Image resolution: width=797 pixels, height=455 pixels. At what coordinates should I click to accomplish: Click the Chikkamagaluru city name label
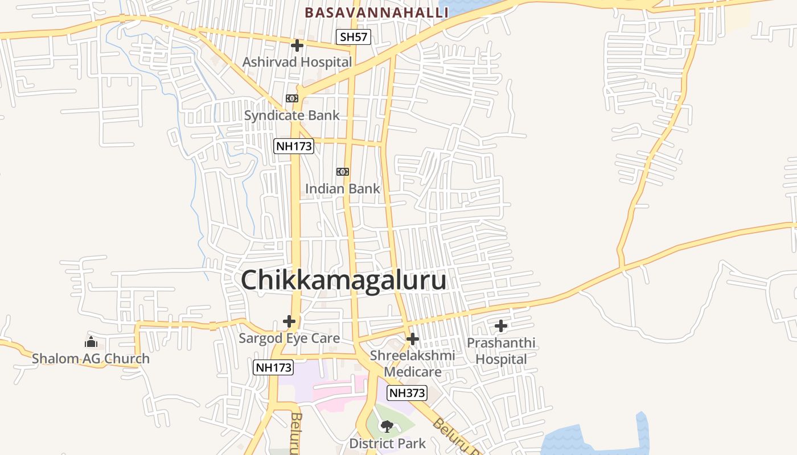343,280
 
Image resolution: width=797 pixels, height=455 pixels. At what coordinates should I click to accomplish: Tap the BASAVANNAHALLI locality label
376,12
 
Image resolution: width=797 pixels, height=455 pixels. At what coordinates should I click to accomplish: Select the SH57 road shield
353,38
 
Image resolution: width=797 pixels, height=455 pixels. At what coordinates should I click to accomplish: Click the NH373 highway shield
407,392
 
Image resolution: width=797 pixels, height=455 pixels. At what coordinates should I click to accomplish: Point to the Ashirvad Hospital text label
297,61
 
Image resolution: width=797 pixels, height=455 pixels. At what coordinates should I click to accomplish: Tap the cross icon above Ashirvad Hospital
297,45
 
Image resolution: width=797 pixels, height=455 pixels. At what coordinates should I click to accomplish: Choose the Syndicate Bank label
291,115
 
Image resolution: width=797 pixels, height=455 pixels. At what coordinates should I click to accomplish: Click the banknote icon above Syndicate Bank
292,98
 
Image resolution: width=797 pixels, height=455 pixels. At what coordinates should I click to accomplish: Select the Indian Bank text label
342,188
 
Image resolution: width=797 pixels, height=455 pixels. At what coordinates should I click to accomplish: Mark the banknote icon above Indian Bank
342,172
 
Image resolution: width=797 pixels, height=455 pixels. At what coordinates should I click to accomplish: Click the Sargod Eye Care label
289,338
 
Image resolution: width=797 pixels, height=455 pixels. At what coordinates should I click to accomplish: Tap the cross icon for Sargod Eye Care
289,321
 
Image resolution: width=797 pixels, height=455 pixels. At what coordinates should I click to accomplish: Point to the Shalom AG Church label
91,358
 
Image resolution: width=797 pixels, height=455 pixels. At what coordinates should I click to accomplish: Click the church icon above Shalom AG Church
91,342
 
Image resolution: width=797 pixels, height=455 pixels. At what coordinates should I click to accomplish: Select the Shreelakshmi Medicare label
413,363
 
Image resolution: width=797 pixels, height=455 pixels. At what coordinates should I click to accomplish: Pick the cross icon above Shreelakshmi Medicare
413,340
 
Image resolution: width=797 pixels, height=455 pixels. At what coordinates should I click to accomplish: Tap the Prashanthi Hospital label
501,351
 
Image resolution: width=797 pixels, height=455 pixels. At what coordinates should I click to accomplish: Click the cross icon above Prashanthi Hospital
501,326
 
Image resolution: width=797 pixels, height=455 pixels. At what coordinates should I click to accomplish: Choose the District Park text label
387,443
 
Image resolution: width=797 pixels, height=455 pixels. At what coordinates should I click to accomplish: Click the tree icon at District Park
387,426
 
